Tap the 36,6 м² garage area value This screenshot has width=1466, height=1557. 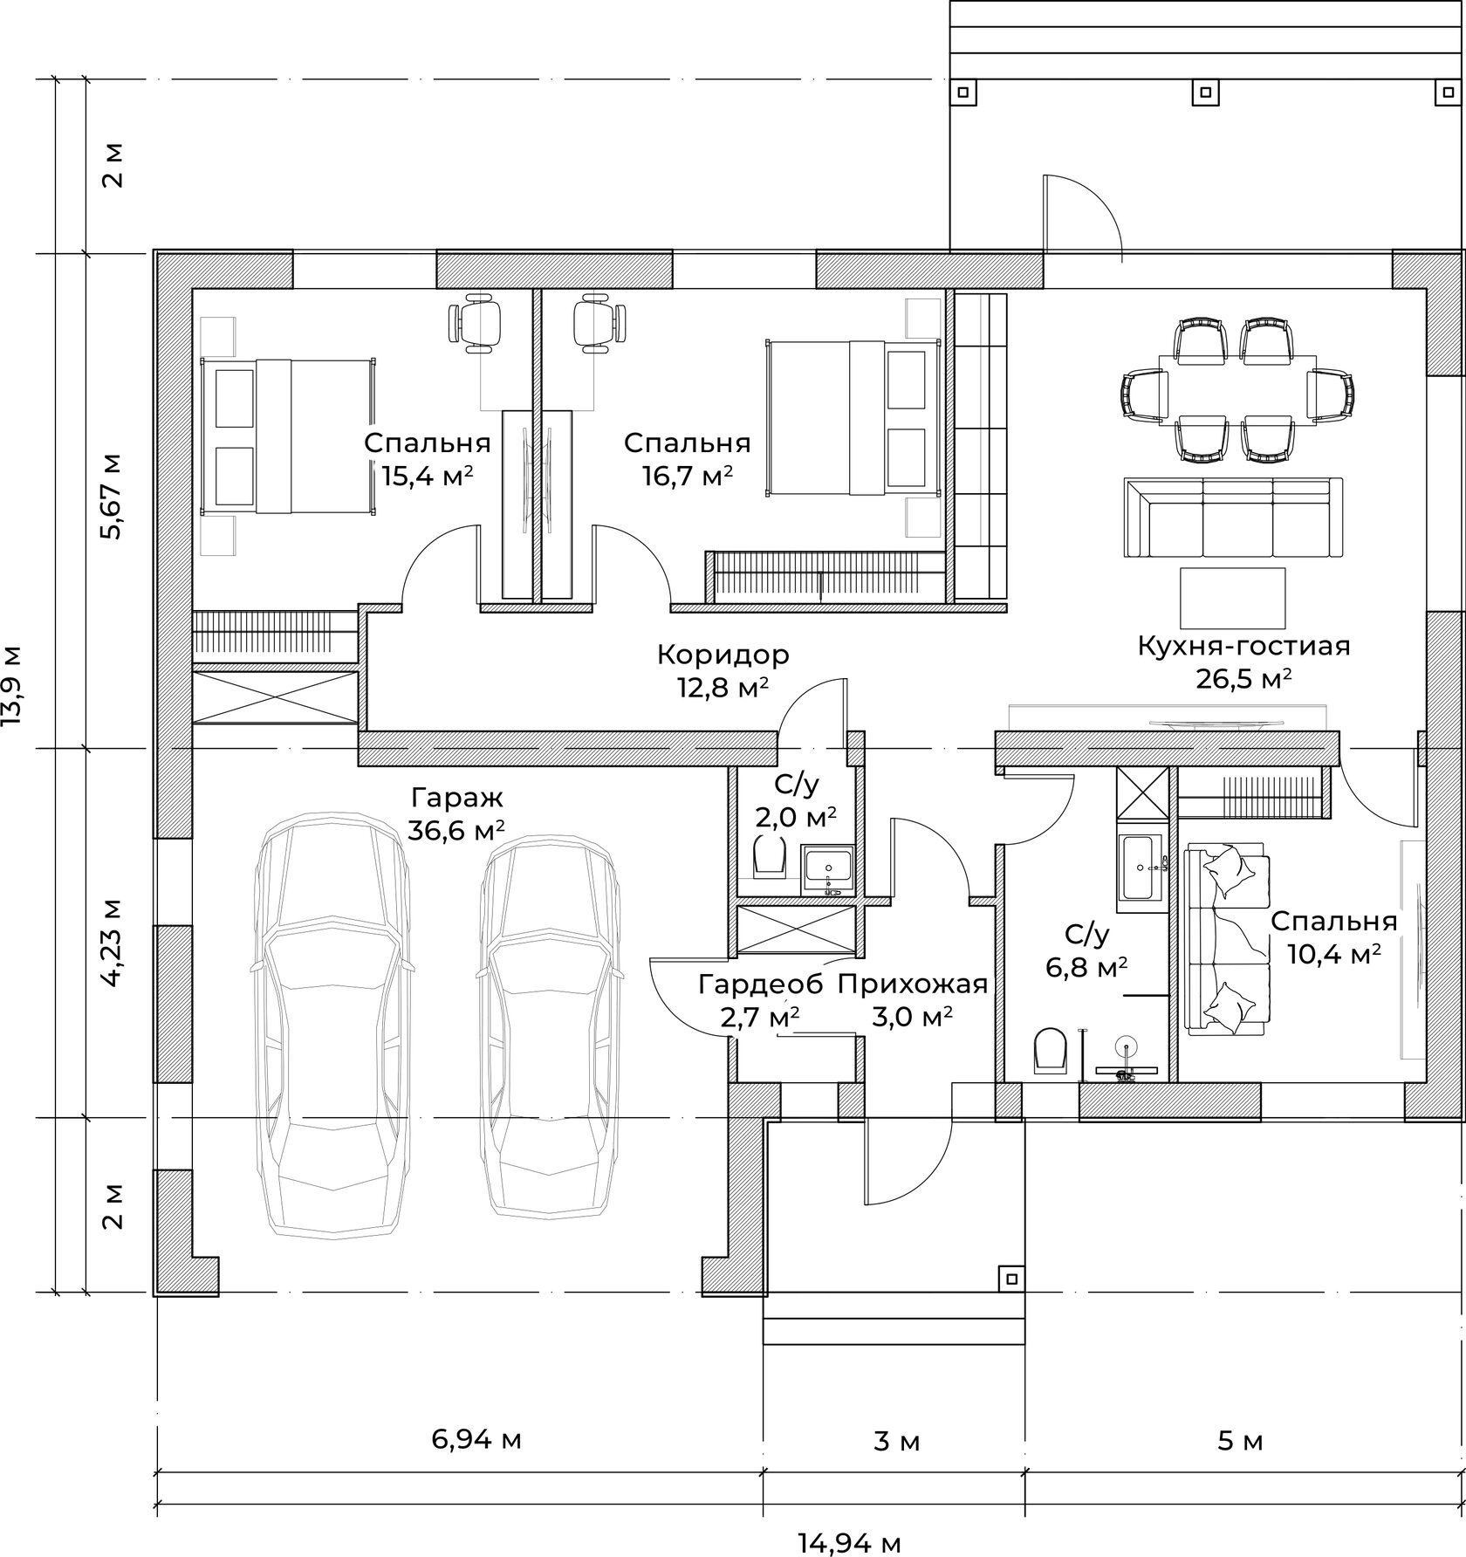[x=456, y=829]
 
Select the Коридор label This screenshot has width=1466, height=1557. [x=723, y=654]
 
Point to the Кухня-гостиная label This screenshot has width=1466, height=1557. [x=1243, y=647]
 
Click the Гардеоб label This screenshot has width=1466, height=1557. [x=760, y=984]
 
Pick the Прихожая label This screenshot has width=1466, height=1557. [x=912, y=985]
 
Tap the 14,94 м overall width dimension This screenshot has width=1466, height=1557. [x=849, y=1543]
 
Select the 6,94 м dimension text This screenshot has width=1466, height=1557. [x=476, y=1439]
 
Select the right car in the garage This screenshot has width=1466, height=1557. [x=550, y=1026]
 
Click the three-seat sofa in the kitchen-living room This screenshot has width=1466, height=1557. [x=1233, y=518]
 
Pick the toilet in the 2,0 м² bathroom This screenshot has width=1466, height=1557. [x=768, y=855]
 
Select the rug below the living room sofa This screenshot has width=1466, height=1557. [x=1233, y=598]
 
